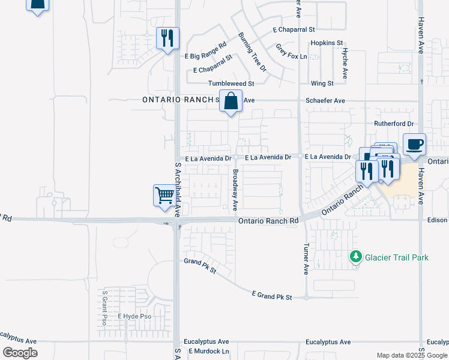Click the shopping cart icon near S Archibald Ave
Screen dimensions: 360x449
click(164, 196)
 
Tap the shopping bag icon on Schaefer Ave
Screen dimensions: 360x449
click(231, 101)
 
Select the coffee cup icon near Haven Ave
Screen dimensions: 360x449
click(414, 145)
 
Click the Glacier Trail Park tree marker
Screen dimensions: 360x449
click(356, 257)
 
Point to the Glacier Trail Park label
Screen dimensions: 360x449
click(397, 257)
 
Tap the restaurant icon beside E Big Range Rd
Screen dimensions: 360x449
click(167, 39)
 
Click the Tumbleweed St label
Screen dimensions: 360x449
click(231, 83)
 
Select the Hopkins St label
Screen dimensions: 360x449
click(327, 43)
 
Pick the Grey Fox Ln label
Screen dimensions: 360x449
click(291, 51)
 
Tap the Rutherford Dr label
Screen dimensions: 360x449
click(394, 124)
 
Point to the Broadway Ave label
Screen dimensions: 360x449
click(235, 189)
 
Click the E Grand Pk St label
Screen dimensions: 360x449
click(272, 296)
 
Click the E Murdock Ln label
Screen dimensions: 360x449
click(209, 351)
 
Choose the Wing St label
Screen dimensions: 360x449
click(322, 83)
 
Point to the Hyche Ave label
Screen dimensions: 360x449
click(345, 63)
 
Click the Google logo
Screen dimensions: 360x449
click(20, 352)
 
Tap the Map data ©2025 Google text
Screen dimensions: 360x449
click(411, 355)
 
